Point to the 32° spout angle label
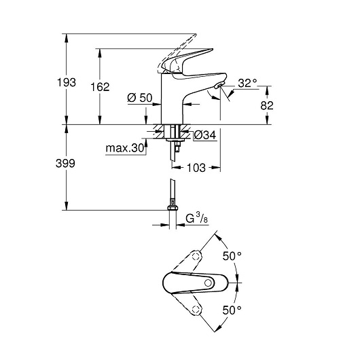(247, 84)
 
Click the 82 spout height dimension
(266, 105)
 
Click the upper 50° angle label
(232, 256)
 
